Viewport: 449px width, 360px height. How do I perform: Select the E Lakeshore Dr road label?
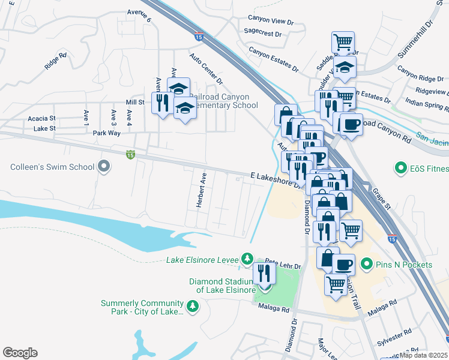tap(274, 179)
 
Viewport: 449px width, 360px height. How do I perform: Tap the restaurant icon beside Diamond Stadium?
tap(264, 274)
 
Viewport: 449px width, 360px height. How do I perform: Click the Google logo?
tap(20, 353)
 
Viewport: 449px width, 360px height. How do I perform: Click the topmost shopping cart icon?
tap(343, 43)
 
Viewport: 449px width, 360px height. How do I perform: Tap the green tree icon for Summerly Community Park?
tap(193, 307)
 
